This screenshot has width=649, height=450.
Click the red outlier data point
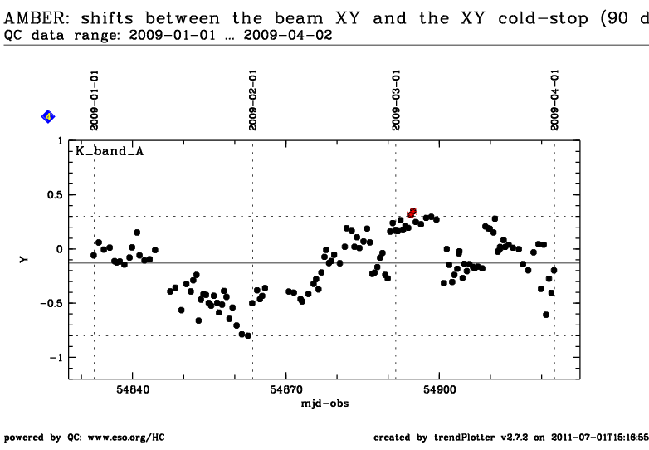coord(412,213)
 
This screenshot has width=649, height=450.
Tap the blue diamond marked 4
coord(48,117)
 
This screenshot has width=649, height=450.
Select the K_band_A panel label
coord(110,151)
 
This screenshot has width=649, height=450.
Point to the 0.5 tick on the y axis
coord(55,195)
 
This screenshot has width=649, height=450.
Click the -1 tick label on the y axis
coord(56,357)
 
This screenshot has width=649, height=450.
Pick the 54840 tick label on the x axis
coord(133,390)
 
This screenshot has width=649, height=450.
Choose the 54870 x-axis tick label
coord(286,390)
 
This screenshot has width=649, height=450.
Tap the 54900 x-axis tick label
coord(440,390)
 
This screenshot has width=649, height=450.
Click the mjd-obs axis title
coord(324,404)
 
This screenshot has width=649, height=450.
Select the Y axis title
coord(24,260)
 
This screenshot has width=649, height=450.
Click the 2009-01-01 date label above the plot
coord(95,100)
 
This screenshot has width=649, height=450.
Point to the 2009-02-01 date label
coord(253,100)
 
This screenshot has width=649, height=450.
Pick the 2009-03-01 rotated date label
coord(396,100)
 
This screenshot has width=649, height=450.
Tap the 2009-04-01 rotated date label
coord(554,100)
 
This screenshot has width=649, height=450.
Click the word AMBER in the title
coord(35,18)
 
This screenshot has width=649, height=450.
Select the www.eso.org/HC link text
coord(126,438)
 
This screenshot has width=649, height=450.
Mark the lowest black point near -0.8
coord(248,335)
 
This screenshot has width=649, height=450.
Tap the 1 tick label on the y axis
coord(61,141)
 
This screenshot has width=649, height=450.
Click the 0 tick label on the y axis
coord(60,249)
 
